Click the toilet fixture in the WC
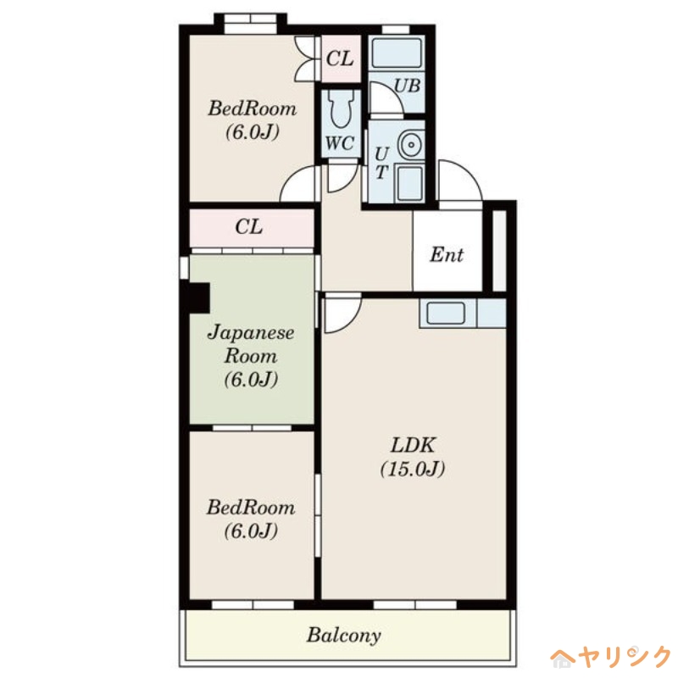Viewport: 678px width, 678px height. tap(342, 109)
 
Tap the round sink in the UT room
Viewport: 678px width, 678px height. tap(410, 144)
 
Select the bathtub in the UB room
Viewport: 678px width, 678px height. tap(397, 53)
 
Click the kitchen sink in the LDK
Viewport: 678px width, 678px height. tap(446, 312)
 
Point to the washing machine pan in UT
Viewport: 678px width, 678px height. tap(409, 183)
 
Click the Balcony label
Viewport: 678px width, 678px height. tap(344, 635)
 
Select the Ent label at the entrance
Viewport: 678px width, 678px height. tap(447, 254)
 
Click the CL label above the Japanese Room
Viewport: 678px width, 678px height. tap(249, 226)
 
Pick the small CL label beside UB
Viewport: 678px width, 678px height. tap(340, 58)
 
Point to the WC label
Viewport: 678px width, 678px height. tap(340, 143)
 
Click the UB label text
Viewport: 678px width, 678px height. tap(408, 86)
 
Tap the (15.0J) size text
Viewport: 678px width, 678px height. tap(413, 469)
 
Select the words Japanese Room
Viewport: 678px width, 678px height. tap(251, 344)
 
